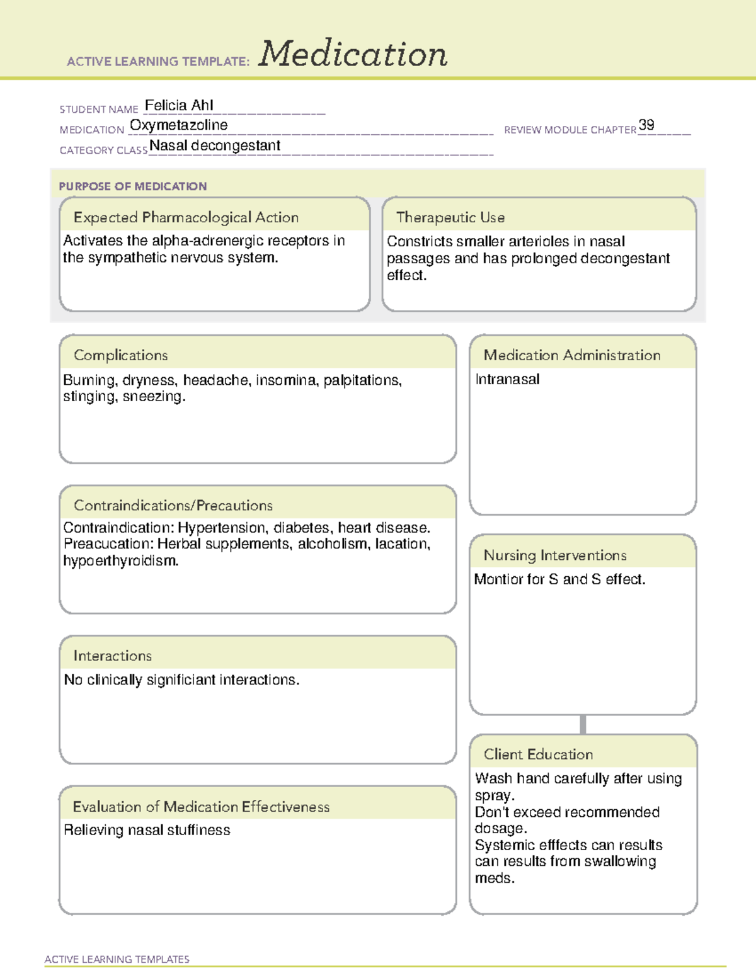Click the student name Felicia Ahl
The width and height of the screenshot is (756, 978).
pyautogui.click(x=179, y=105)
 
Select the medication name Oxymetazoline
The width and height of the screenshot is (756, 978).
pyautogui.click(x=178, y=125)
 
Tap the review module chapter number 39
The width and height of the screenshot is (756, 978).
pyautogui.click(x=646, y=125)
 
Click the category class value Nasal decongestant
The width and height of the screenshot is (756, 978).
pyautogui.click(x=215, y=145)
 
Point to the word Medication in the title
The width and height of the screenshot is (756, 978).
pyautogui.click(x=353, y=54)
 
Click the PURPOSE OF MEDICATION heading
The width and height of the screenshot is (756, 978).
pyautogui.click(x=132, y=186)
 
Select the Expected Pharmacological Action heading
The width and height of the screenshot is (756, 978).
pyautogui.click(x=186, y=217)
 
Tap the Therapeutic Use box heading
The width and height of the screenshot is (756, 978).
pyautogui.click(x=450, y=217)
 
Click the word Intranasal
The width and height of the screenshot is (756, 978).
pyautogui.click(x=507, y=379)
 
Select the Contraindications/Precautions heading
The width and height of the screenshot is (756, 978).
pyautogui.click(x=173, y=505)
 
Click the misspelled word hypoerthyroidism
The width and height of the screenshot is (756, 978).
pyautogui.click(x=120, y=560)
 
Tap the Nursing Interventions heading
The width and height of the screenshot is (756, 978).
pyautogui.click(x=555, y=555)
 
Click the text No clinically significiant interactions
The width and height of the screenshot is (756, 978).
pyautogui.click(x=181, y=680)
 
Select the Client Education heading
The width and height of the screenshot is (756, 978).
pyautogui.click(x=538, y=754)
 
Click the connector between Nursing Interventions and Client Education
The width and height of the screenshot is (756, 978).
pyautogui.click(x=583, y=724)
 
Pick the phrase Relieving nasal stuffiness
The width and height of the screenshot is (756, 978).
pyautogui.click(x=147, y=830)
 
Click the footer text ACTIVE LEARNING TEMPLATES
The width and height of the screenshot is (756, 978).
pyautogui.click(x=117, y=959)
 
